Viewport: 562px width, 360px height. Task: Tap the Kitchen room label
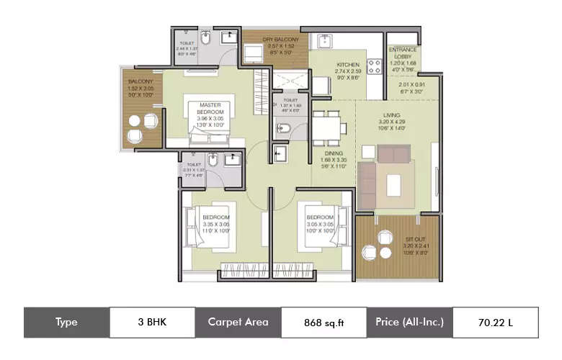click(348, 72)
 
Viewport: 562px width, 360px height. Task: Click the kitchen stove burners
click(375, 66)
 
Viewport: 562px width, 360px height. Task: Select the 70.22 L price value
click(494, 323)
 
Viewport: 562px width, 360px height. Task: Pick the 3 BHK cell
click(151, 323)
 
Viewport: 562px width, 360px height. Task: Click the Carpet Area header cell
click(238, 323)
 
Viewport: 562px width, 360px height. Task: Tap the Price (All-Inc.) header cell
click(409, 323)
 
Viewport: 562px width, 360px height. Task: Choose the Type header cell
click(66, 323)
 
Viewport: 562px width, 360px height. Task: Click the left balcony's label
click(141, 85)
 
